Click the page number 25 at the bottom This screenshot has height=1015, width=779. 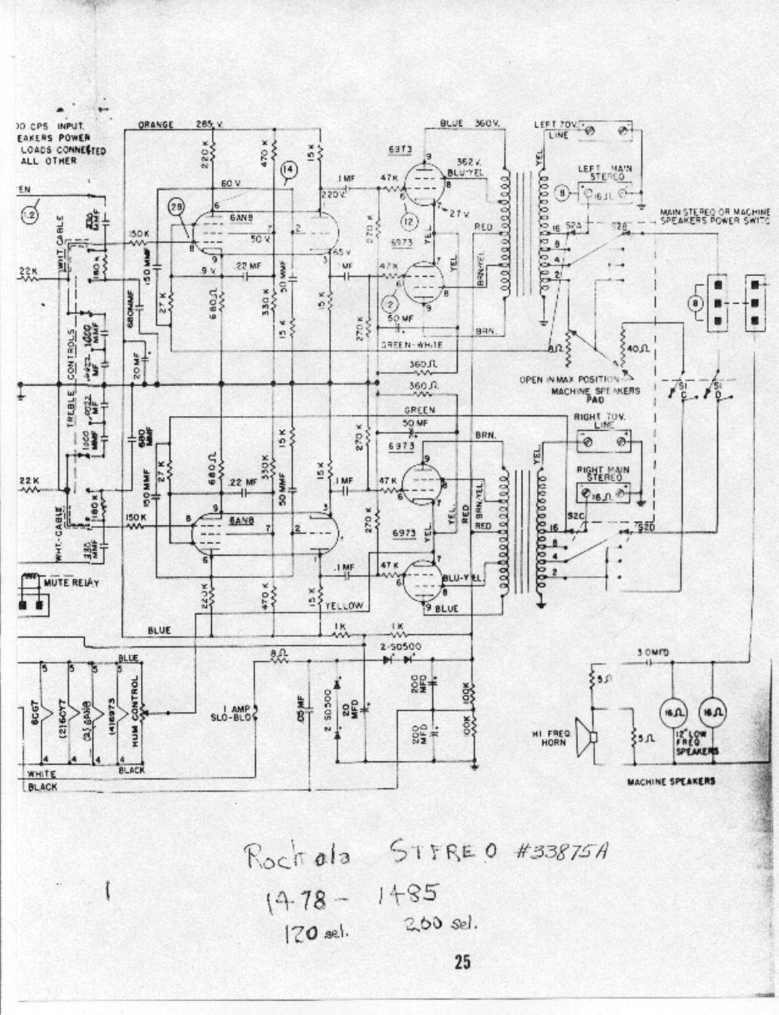pyautogui.click(x=462, y=962)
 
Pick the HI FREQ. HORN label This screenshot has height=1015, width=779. pyautogui.click(x=555, y=738)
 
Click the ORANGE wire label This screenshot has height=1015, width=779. pyautogui.click(x=156, y=124)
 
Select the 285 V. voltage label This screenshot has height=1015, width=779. pyautogui.click(x=208, y=124)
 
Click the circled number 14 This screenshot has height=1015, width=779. pyautogui.click(x=289, y=170)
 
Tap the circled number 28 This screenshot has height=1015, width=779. pyautogui.click(x=176, y=207)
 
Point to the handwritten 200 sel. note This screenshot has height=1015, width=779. pyautogui.click(x=441, y=924)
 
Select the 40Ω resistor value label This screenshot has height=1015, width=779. pyautogui.click(x=640, y=349)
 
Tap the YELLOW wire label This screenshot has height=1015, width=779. pyautogui.click(x=344, y=606)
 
